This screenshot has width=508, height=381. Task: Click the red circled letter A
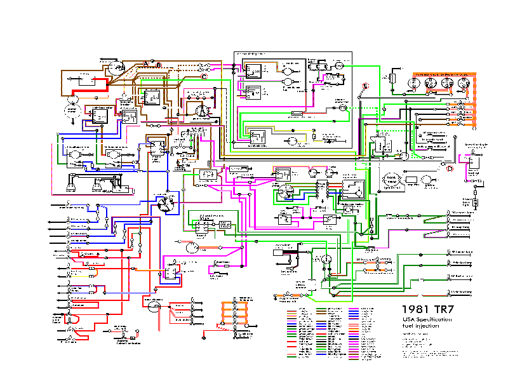pyautogui.click(x=145, y=64)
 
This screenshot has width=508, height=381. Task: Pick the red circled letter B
pyautogui.click(x=159, y=65)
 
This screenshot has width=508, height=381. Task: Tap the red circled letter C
pyautogui.click(x=204, y=76)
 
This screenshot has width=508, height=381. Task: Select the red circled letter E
pyautogui.click(x=365, y=86)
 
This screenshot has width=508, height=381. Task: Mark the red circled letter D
pyautogui.click(x=449, y=169)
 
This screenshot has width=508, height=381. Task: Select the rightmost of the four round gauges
pyautogui.click(x=464, y=83)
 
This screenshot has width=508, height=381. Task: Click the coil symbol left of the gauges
pyautogui.click(x=392, y=78)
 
